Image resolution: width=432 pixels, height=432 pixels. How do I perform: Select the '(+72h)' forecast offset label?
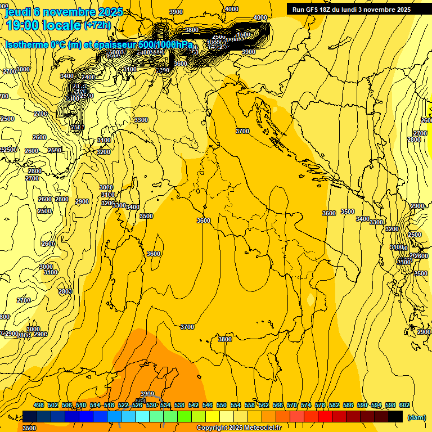click(x=97, y=25)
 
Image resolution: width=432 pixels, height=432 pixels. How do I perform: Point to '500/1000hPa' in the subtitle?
click(x=165, y=44)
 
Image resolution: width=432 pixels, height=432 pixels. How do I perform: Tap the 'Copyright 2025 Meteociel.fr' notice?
click(x=238, y=427)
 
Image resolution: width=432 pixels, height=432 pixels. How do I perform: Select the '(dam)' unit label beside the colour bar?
click(x=416, y=417)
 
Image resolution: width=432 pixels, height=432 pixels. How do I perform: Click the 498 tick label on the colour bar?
click(x=39, y=406)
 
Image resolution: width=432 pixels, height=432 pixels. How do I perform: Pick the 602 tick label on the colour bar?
click(x=404, y=406)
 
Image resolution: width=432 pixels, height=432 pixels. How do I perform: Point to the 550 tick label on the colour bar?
click(x=222, y=406)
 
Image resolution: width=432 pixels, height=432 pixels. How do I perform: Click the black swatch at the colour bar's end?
click(x=395, y=416)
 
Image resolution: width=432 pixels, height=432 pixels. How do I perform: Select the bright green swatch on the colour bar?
click(x=184, y=416)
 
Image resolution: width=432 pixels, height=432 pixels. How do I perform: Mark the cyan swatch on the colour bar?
click(x=142, y=416)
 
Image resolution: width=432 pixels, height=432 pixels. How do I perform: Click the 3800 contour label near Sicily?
click(x=225, y=339)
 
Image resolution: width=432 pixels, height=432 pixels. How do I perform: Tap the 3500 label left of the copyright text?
click(x=29, y=427)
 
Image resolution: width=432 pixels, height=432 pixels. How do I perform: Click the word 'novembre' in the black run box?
click(x=376, y=10)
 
